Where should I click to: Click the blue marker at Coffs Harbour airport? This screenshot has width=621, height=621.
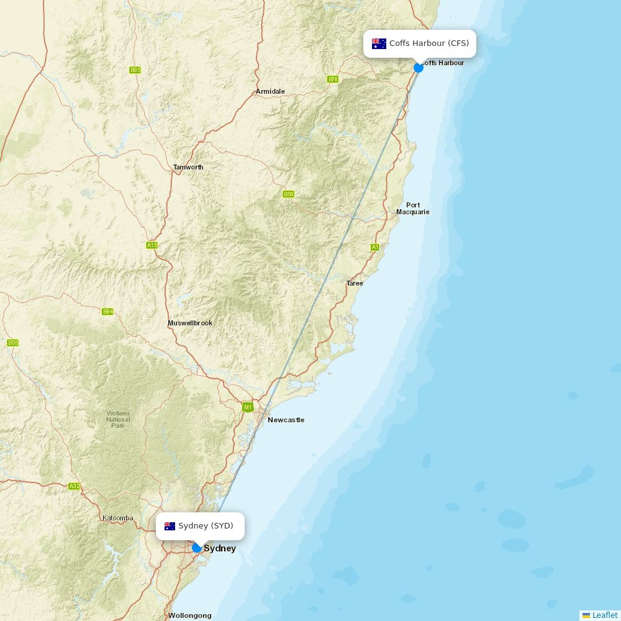click(x=419, y=67)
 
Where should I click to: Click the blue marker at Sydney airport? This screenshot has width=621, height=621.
click(x=197, y=548)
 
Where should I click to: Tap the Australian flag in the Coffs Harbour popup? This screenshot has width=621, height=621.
click(x=379, y=43)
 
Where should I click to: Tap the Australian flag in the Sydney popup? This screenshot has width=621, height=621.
click(x=170, y=526)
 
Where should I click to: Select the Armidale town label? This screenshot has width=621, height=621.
click(x=270, y=91)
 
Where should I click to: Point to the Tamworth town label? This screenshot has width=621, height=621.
click(x=188, y=167)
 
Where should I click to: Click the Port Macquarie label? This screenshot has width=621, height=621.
click(x=413, y=209)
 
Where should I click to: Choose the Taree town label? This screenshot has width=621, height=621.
click(x=355, y=283)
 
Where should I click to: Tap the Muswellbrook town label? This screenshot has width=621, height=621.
click(x=190, y=323)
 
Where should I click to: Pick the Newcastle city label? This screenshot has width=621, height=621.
click(x=286, y=420)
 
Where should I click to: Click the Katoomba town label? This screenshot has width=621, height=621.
click(x=117, y=518)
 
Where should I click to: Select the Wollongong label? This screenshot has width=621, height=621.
click(x=189, y=615)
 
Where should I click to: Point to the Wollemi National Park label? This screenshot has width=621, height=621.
click(x=118, y=419)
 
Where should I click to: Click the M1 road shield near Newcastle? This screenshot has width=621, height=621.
click(x=248, y=407)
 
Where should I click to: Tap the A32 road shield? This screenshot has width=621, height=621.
click(x=75, y=486)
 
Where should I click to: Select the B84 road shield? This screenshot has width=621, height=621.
click(x=107, y=311)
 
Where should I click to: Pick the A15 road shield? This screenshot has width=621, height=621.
click(x=152, y=245)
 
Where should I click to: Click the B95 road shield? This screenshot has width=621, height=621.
click(x=135, y=70)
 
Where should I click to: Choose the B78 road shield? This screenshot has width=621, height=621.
click(x=333, y=79)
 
